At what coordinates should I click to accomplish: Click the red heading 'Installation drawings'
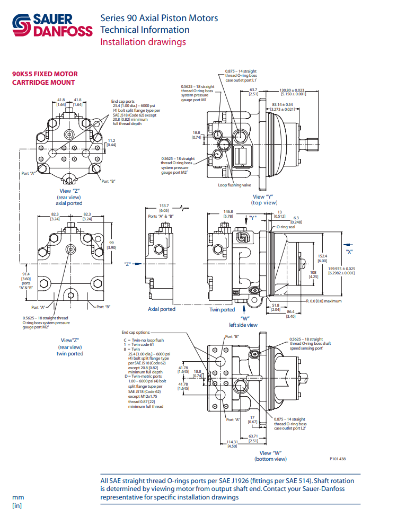pyautogui.click(x=143, y=42)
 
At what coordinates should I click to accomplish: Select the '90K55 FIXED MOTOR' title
pyautogui.click(x=45, y=74)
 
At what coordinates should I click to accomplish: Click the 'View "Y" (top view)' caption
pyautogui.click(x=265, y=200)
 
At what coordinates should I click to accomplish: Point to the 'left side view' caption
pyautogui.click(x=243, y=325)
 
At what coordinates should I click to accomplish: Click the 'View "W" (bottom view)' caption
pyautogui.click(x=273, y=456)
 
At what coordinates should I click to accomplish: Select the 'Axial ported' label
pyautogui.click(x=161, y=309)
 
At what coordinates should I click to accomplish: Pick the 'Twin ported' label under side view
pyautogui.click(x=222, y=310)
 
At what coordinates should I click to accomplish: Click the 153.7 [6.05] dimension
pyautogui.click(x=164, y=208)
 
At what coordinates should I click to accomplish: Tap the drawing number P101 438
pyautogui.click(x=338, y=459)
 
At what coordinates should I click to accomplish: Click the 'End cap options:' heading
pyautogui.click(x=136, y=332)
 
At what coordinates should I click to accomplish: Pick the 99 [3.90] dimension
pyautogui.click(x=112, y=245)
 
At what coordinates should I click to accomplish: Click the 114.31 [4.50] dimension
pyautogui.click(x=232, y=444)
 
